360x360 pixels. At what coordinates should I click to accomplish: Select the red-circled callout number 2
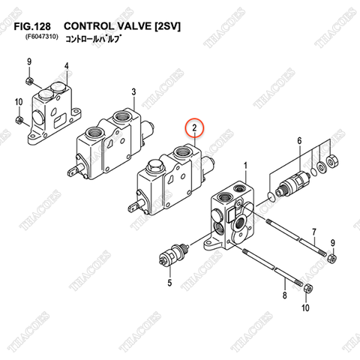(x=194, y=128)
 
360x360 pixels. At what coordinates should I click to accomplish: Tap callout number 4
(x=66, y=66)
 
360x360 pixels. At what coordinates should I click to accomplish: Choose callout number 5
(x=169, y=283)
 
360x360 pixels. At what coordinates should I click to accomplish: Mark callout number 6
(x=298, y=141)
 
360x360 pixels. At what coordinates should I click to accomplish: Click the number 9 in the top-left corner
(x=29, y=61)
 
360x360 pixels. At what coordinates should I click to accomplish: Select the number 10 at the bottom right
(x=304, y=307)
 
